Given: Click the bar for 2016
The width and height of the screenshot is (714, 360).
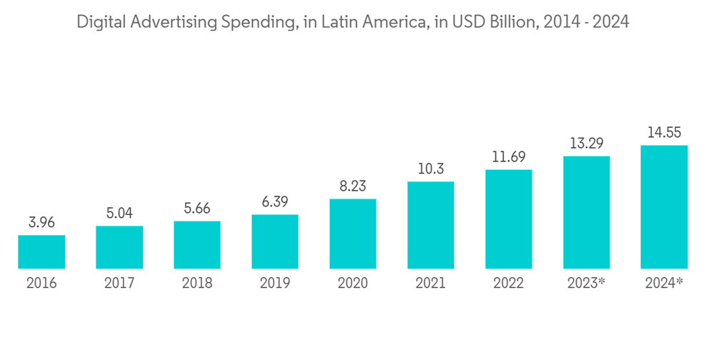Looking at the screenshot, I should pyautogui.click(x=41, y=251).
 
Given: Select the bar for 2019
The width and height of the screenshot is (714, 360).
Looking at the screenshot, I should pyautogui.click(x=275, y=241).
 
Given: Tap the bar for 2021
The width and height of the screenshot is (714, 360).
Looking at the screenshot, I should pyautogui.click(x=431, y=225).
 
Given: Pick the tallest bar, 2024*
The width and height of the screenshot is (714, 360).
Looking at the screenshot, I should pyautogui.click(x=664, y=207).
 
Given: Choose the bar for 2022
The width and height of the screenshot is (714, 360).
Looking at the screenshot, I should pyautogui.click(x=508, y=219).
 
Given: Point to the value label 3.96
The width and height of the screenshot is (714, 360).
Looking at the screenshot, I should pyautogui.click(x=41, y=222).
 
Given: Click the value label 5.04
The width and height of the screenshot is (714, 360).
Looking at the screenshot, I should pyautogui.click(x=119, y=213).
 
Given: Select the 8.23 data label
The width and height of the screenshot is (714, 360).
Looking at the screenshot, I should pyautogui.click(x=353, y=186).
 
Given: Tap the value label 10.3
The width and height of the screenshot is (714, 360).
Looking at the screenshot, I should pyautogui.click(x=431, y=169).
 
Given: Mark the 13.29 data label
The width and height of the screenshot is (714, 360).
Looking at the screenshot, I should pyautogui.click(x=586, y=143).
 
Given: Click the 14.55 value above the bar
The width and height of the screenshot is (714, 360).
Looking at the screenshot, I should pyautogui.click(x=664, y=132).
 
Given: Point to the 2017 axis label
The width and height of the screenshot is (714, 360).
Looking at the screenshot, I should pyautogui.click(x=119, y=284).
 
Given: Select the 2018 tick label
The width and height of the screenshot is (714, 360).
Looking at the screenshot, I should pyautogui.click(x=197, y=284).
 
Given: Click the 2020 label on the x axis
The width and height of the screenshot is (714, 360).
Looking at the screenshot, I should pyautogui.click(x=353, y=284).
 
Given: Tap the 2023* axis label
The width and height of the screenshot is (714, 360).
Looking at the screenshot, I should pyautogui.click(x=586, y=284).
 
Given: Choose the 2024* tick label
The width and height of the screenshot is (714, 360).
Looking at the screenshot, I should pyautogui.click(x=664, y=284).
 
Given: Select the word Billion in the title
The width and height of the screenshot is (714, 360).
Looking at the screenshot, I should pyautogui.click(x=511, y=22).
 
